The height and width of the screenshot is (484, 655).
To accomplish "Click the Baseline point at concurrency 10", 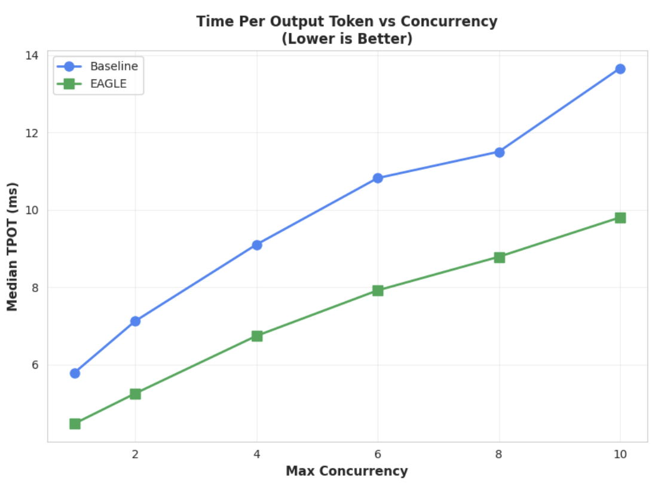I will [x=620, y=69].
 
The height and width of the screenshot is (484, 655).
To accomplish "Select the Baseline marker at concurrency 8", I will [x=499, y=152].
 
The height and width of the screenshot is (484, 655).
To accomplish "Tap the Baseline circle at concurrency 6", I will [x=378, y=178].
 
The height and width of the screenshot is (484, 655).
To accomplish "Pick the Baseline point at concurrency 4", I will [x=257, y=245].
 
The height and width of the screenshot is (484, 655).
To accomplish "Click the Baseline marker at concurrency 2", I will [x=135, y=321].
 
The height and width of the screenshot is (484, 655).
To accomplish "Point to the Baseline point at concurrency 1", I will [x=75, y=373].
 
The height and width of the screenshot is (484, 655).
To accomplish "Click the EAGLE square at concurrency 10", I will [x=620, y=218].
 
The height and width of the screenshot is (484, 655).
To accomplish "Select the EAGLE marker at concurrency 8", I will [x=499, y=258].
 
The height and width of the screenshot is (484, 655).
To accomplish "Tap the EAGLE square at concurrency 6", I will [x=378, y=290].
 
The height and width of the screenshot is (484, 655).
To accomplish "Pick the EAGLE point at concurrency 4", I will [x=257, y=336].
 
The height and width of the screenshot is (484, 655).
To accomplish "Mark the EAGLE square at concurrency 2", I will [x=135, y=394].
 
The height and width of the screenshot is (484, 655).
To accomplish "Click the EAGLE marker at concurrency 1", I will [x=75, y=424].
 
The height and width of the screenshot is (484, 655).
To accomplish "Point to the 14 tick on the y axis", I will [x=31, y=56].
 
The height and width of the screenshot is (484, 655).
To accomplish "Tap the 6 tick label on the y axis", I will [x=34, y=365].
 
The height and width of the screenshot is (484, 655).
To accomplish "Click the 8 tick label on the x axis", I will [x=499, y=455].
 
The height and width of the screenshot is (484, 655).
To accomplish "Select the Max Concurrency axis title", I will [x=347, y=471].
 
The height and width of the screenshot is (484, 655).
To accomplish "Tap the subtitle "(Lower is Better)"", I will [x=347, y=39].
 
